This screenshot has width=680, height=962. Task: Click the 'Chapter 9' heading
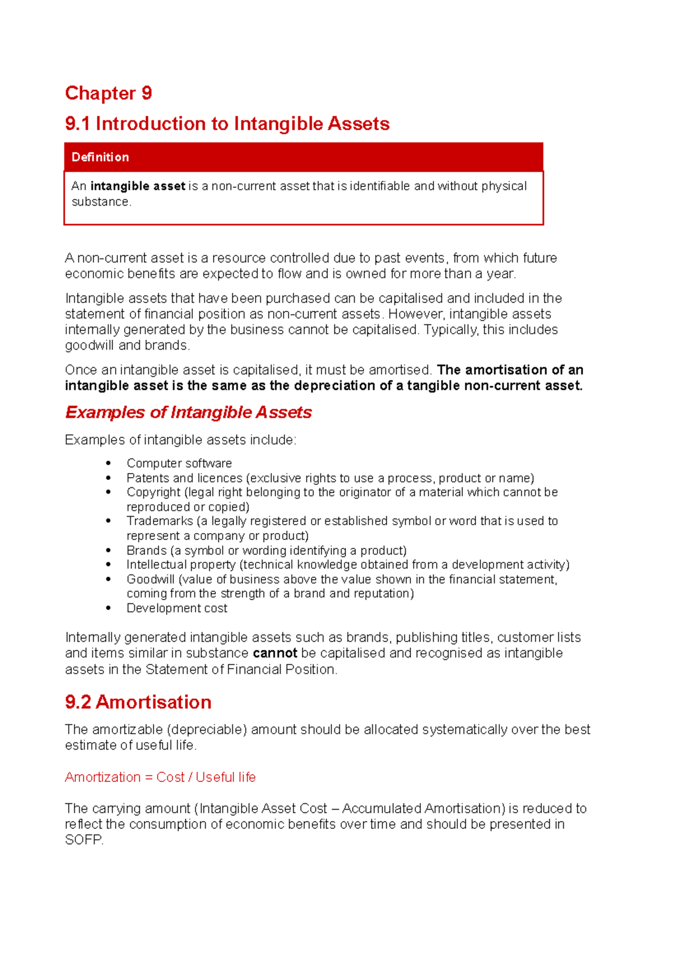point(108,93)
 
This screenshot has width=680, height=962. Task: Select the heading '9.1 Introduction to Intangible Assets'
point(227,124)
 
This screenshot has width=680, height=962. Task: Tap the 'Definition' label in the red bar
point(100,158)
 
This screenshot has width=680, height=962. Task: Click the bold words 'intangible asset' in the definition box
point(138,186)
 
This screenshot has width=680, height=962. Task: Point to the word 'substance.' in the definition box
point(101,202)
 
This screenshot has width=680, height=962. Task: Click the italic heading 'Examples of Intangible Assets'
point(188,412)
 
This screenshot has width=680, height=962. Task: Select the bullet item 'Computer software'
point(179,463)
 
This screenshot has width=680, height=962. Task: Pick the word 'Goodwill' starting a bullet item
point(150,579)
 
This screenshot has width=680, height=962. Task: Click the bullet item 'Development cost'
point(177,608)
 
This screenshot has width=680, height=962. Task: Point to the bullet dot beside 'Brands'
point(108,551)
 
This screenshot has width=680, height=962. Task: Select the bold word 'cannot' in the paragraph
point(275,653)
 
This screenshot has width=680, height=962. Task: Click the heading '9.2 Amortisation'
point(138,702)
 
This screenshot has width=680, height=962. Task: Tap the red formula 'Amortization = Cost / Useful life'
point(160,777)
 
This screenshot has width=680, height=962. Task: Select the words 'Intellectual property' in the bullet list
point(181,565)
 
